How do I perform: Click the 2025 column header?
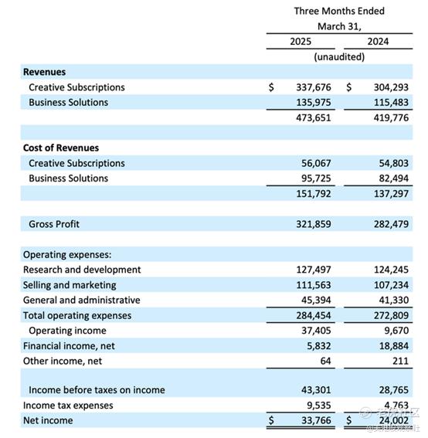pos(301,42)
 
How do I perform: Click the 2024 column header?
pos(378,42)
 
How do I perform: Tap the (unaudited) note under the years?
pos(339,57)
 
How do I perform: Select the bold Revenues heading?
pos(44,72)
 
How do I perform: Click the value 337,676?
pos(314,87)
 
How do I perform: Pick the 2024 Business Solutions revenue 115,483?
pos(391,103)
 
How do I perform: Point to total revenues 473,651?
pos(314,118)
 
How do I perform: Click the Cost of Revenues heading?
pos(61,148)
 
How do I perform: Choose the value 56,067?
pos(316,164)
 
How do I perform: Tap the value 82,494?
pos(394,178)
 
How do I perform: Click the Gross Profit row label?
pos(54,224)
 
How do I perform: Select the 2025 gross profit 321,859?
pos(314,224)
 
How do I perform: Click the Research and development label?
pos(82,270)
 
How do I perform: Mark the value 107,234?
pos(391,285)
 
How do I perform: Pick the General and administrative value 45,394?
pos(316,300)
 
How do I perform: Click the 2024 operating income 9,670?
pos(396,331)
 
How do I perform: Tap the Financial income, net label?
pos(69,346)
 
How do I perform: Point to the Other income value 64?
pos(325,362)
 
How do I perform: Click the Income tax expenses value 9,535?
pos(319,406)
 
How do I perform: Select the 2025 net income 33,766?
pos(316,421)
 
